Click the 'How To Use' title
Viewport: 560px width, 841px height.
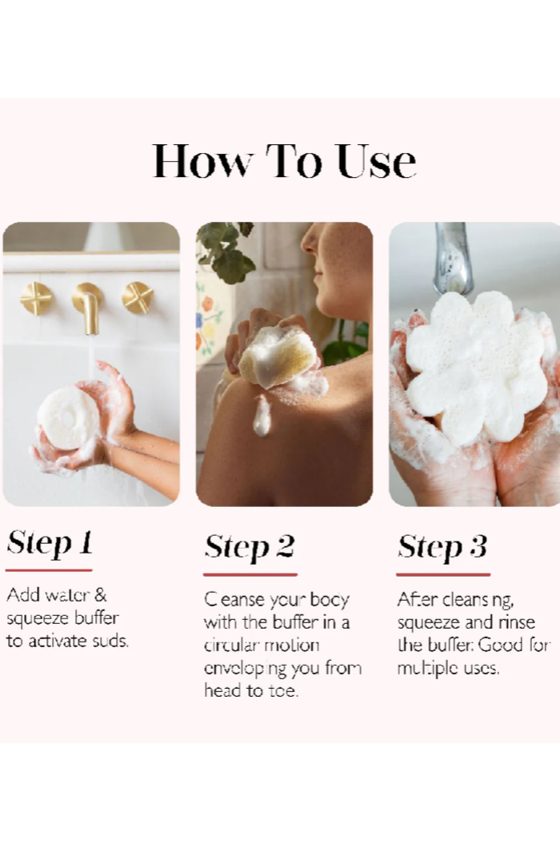tap(284, 161)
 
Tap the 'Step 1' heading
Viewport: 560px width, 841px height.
tap(50, 543)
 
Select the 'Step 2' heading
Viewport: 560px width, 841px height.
tap(249, 547)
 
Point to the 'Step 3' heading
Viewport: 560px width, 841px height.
tap(442, 547)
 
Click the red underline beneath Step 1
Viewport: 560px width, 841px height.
tap(49, 570)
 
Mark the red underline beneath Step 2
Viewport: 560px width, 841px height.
tap(250, 574)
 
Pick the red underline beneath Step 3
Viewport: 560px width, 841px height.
tap(443, 574)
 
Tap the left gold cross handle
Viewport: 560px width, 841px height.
tap(37, 298)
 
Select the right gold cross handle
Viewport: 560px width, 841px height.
tap(138, 298)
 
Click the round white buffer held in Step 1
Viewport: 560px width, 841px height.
tap(68, 416)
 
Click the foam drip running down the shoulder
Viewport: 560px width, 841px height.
tap(262, 416)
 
